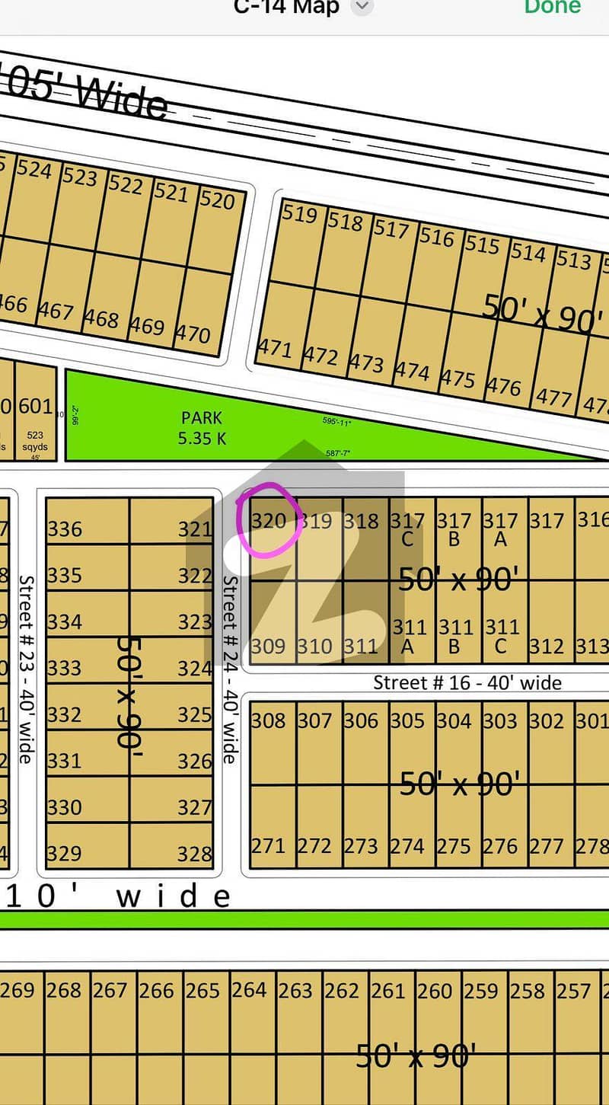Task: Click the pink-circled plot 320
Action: (x=268, y=522)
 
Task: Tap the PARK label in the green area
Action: (x=202, y=417)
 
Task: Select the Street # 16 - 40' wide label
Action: (x=467, y=682)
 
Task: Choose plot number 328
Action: (x=194, y=854)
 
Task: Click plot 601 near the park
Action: (x=35, y=407)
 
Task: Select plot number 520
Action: (x=217, y=200)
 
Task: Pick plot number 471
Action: (x=274, y=348)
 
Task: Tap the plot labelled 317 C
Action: (x=407, y=529)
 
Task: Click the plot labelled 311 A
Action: (x=409, y=636)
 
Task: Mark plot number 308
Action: (x=268, y=720)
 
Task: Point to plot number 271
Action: (x=268, y=846)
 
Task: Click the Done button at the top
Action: (x=553, y=7)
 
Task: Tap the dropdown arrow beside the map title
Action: (x=363, y=7)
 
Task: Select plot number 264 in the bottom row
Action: (x=249, y=990)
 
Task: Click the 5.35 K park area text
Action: (x=202, y=439)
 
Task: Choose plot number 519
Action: (x=299, y=213)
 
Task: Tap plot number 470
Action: (x=193, y=334)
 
